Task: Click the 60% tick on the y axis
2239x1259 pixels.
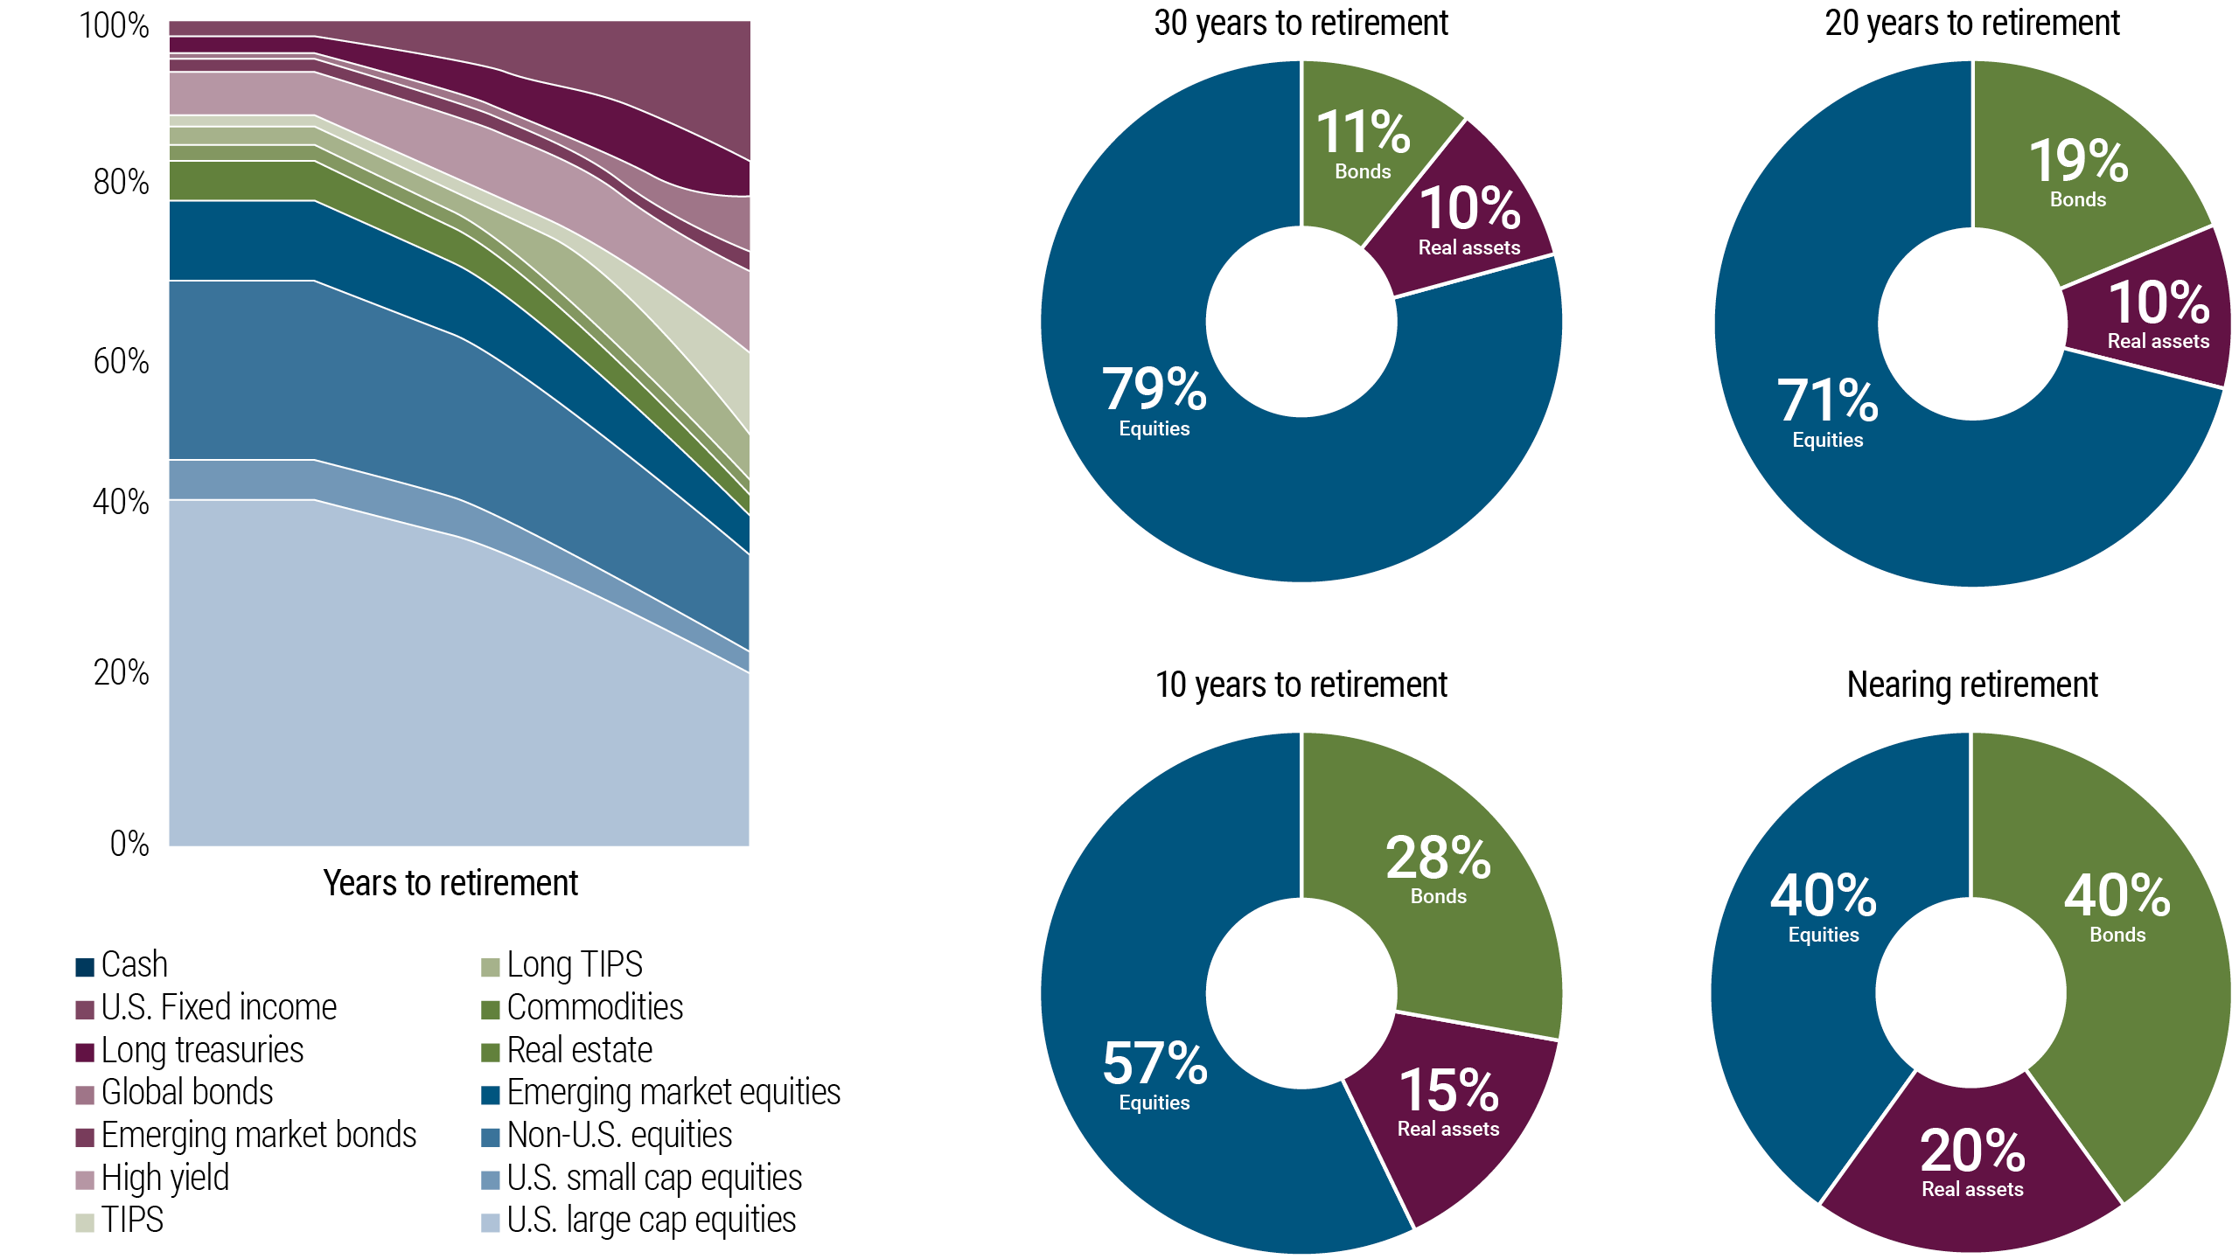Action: pos(122,361)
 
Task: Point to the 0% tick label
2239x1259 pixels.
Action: pos(129,844)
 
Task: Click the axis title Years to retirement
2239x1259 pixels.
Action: pos(450,883)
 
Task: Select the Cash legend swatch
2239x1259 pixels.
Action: pos(85,966)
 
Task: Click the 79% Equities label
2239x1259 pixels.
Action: pos(1154,400)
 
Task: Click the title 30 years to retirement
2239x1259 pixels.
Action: pos(1301,24)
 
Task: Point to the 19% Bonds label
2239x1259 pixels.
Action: pos(2078,171)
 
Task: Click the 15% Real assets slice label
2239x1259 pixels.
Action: pos(1448,1102)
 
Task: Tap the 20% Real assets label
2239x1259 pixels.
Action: pos(1972,1161)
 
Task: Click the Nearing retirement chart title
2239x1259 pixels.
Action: pos(1971,685)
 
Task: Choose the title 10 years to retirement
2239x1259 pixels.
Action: pos(1301,685)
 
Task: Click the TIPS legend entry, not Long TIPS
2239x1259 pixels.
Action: pos(132,1220)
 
